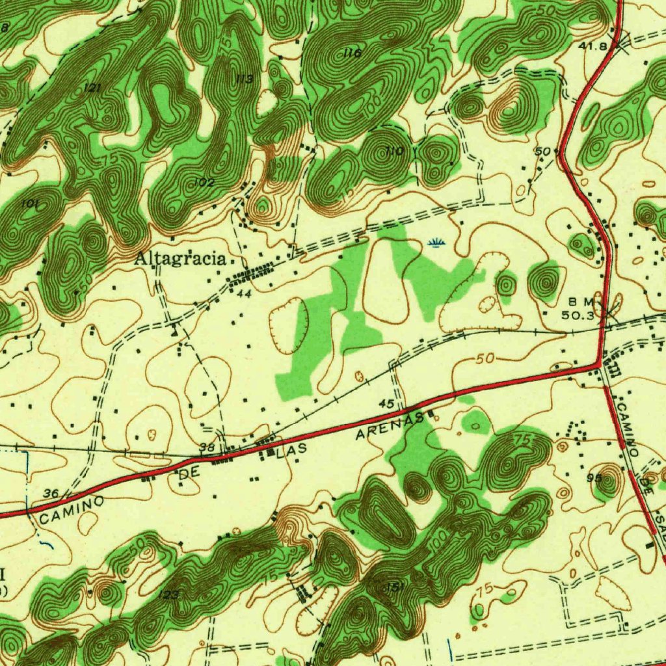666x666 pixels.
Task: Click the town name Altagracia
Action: click(x=180, y=259)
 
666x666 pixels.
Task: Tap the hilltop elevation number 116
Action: click(x=353, y=53)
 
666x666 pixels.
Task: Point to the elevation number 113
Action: click(x=244, y=79)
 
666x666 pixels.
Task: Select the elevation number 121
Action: click(x=92, y=88)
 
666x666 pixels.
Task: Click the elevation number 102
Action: click(x=204, y=183)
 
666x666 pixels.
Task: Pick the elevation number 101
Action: click(x=29, y=204)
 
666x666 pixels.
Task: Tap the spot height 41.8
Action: click(x=593, y=46)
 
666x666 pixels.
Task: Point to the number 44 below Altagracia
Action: click(x=244, y=294)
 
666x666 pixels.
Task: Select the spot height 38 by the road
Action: click(x=207, y=447)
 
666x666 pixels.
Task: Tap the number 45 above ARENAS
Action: click(x=386, y=405)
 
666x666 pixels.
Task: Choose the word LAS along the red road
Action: click(x=291, y=451)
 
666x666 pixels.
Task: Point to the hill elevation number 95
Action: click(x=594, y=477)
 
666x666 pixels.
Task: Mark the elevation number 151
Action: click(x=395, y=587)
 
